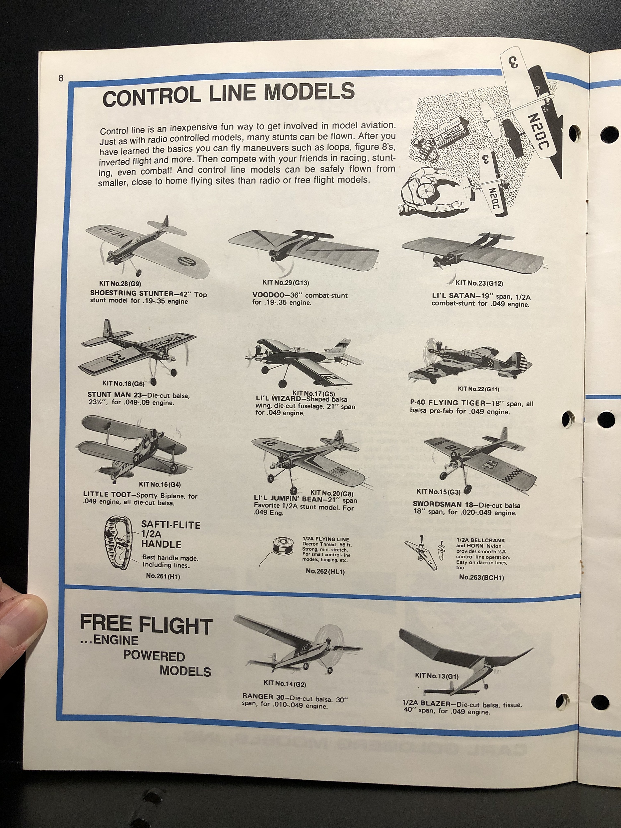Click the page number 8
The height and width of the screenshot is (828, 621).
(61, 78)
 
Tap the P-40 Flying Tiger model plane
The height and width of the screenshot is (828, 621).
(470, 361)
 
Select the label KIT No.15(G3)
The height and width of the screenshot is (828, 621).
(438, 492)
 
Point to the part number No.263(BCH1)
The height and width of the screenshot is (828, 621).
(481, 578)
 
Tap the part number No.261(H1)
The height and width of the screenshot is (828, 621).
(163, 577)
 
